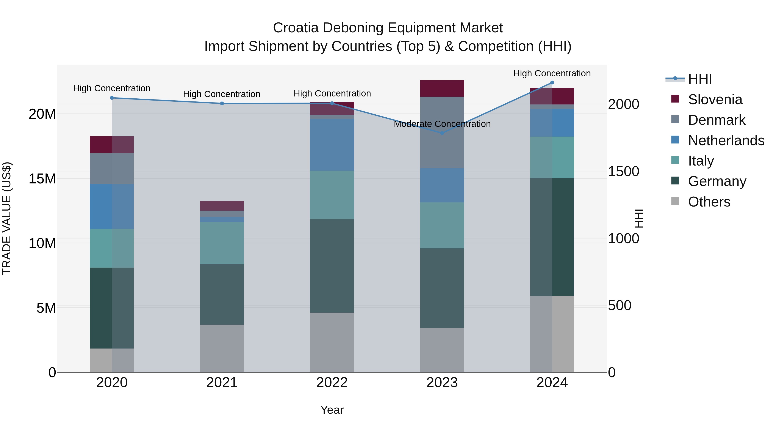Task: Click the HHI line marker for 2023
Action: pos(442,133)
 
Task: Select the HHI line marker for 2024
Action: pos(552,83)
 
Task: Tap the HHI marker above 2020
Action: pos(112,98)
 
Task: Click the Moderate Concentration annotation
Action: pos(442,124)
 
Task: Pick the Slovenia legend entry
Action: pos(715,99)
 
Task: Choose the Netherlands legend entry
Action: pos(726,140)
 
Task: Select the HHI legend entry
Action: pos(700,79)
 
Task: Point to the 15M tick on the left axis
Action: pos(42,178)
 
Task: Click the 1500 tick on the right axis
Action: pos(623,171)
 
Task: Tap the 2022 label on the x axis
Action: pos(332,383)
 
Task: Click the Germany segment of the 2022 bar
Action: pos(332,265)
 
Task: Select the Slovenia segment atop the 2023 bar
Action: pos(442,88)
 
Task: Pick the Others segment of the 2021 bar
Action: pos(222,348)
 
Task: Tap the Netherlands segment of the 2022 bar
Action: pos(332,145)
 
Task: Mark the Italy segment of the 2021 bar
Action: pos(222,243)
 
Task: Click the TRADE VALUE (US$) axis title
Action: pos(7,218)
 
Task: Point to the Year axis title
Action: pos(332,410)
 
